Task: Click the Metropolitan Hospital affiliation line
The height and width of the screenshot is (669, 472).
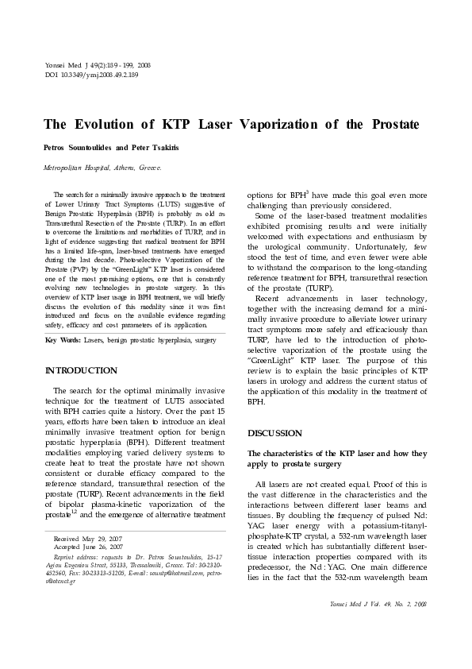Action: pyautogui.click(x=102, y=168)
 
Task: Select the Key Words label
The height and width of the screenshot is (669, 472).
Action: pyautogui.click(x=63, y=341)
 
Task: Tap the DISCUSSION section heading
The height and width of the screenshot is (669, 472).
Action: pyautogui.click(x=275, y=433)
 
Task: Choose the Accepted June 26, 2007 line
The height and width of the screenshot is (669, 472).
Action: pyautogui.click(x=87, y=547)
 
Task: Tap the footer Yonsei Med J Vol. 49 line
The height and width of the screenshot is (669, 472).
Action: pyautogui.click(x=378, y=605)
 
